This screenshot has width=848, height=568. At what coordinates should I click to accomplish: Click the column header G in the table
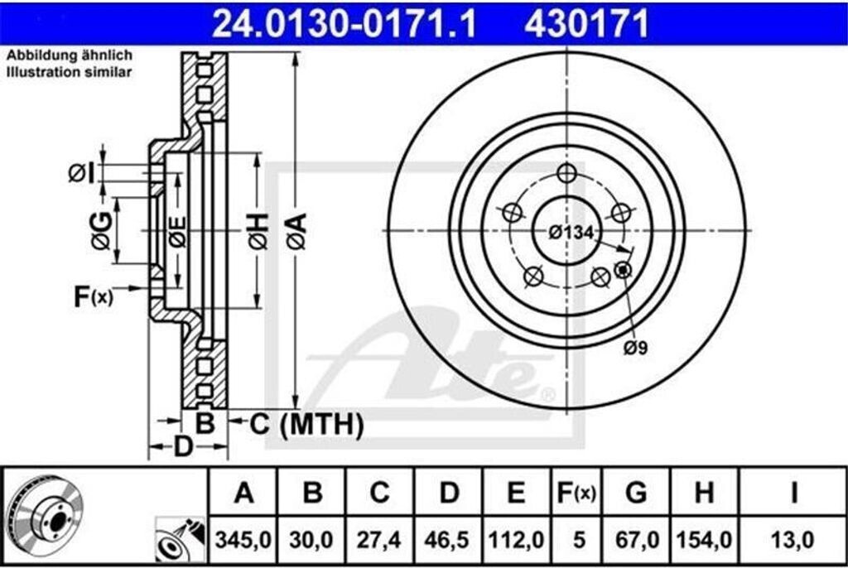636,493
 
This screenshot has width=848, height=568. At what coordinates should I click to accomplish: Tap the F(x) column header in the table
575,493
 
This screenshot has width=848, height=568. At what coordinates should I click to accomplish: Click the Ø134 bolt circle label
571,233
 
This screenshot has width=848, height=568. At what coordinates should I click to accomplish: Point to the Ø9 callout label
635,349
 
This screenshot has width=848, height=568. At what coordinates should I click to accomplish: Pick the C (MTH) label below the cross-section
306,425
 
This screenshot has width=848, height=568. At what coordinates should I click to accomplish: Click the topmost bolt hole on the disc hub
567,174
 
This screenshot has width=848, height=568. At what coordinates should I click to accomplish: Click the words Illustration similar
70,73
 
